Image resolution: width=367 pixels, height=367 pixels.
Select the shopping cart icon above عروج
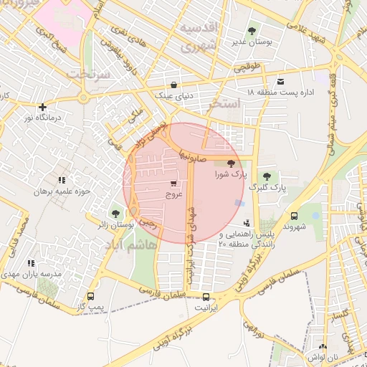pyautogui.click(x=174, y=183)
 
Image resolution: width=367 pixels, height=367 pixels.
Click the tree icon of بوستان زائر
pyautogui.click(x=116, y=214)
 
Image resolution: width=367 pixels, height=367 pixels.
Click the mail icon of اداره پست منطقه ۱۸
pyautogui.click(x=280, y=82)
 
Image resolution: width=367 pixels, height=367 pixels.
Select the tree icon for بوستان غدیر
pyautogui.click(x=252, y=32)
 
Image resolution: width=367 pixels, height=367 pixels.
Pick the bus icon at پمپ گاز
pyautogui.click(x=90, y=296)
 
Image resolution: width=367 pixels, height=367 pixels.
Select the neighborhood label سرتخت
pyautogui.click(x=85, y=74)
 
